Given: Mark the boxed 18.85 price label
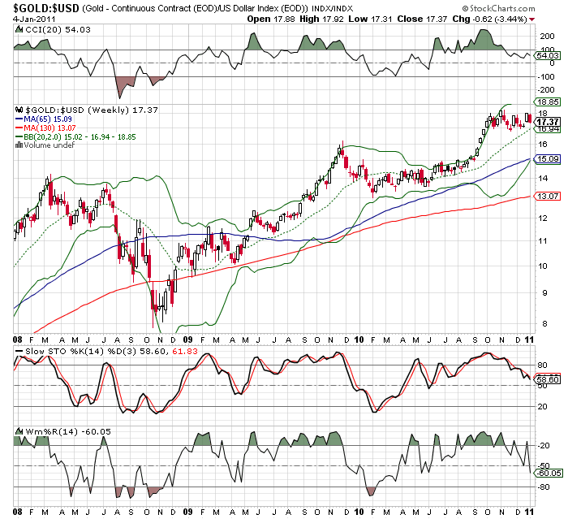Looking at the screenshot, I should coord(549,102).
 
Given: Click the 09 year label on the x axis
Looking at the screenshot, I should coord(187,339).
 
